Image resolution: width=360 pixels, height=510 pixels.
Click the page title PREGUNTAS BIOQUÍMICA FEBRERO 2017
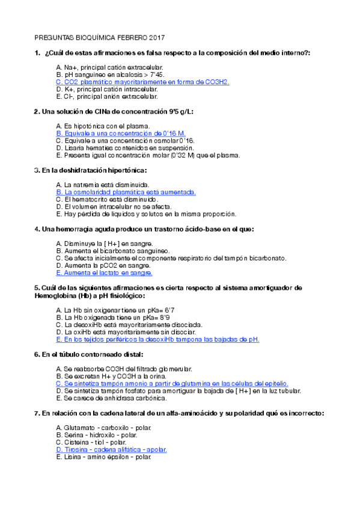click(x=100, y=37)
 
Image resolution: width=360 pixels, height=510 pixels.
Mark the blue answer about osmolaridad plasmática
click(x=126, y=192)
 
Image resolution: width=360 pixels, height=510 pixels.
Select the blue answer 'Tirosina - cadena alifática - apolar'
click(x=111, y=449)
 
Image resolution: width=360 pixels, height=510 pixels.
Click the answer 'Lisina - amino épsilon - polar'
click(x=103, y=456)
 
